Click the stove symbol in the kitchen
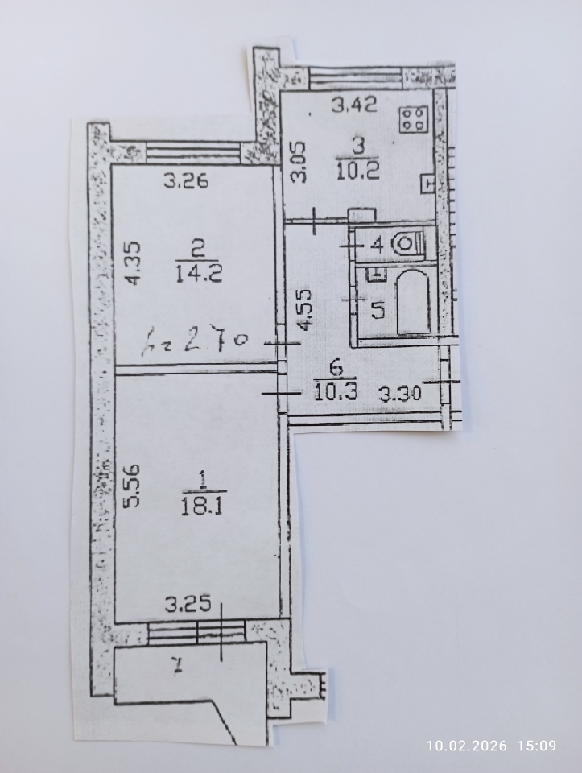[x=413, y=119]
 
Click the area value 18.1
[x=202, y=506]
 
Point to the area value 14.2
[x=199, y=273]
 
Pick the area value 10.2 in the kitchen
[x=357, y=171]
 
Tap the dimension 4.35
[x=133, y=262]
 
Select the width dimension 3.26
[x=186, y=181]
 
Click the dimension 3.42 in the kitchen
[x=354, y=104]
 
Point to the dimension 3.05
[x=299, y=162]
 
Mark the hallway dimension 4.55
[x=305, y=309]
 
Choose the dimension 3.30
[x=400, y=394]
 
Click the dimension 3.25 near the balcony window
[x=188, y=604]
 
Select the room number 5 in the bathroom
[x=378, y=310]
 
